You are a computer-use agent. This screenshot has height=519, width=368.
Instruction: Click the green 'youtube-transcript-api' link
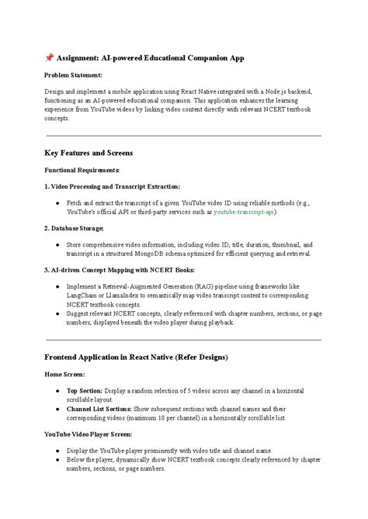pos(245,211)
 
